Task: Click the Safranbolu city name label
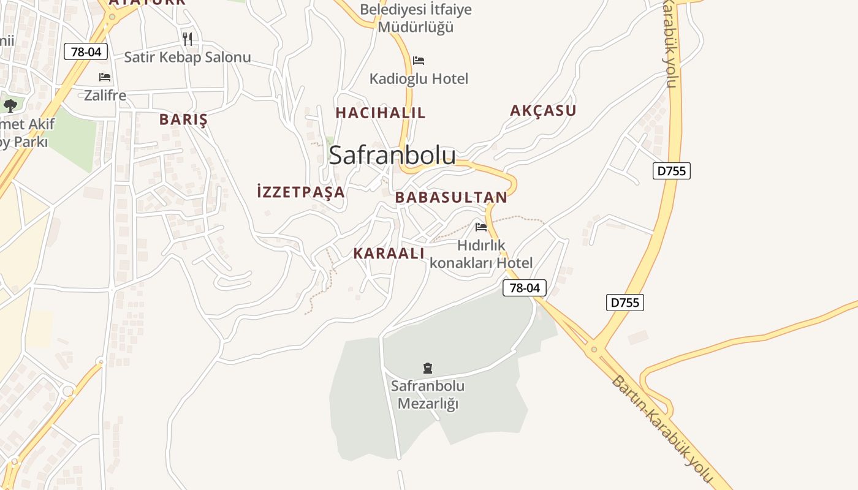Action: (x=392, y=156)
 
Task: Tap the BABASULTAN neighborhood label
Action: (x=451, y=197)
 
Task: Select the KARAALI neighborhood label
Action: (x=389, y=254)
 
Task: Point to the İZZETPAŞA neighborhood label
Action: (x=301, y=192)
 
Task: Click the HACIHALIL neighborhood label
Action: (x=380, y=113)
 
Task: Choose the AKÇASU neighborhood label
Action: (x=543, y=111)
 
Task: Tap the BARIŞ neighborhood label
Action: (x=183, y=119)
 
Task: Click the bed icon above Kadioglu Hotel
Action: (x=419, y=61)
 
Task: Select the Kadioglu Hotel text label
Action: (x=419, y=78)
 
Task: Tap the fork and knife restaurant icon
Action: (x=188, y=39)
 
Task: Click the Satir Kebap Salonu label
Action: (x=188, y=58)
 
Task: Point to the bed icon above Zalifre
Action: (x=105, y=77)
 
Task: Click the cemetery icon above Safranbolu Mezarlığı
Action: (x=428, y=368)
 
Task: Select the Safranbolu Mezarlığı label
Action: (x=428, y=395)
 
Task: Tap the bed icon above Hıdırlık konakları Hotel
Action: (x=481, y=227)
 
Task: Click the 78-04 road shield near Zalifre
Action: (x=86, y=52)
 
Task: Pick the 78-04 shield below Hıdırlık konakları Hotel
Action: (x=525, y=288)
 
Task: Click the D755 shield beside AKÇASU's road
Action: (x=671, y=171)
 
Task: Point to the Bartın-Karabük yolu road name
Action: (x=662, y=429)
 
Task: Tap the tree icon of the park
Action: (x=10, y=105)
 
